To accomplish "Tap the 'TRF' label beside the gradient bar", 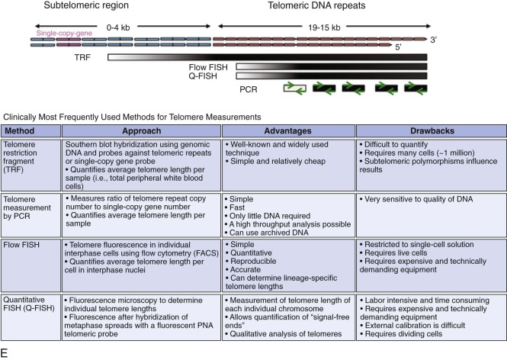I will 96,57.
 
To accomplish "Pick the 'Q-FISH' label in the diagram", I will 217,77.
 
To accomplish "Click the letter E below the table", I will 5,353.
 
